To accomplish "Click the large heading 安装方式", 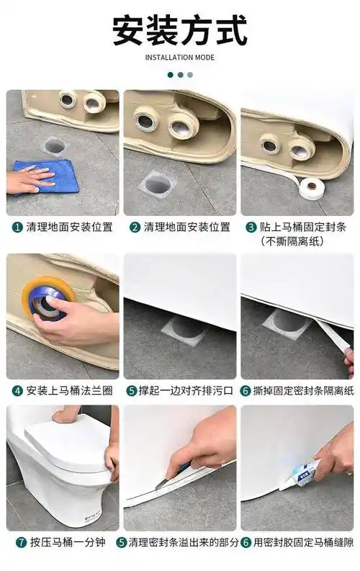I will point(180,30).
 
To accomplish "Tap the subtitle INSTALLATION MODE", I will point(180,58).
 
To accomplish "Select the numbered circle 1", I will point(17,227).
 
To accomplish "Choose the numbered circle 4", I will point(17,391).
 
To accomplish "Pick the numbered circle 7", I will point(17,542).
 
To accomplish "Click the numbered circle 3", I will point(251,227).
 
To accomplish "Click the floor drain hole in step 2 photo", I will point(157,184).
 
